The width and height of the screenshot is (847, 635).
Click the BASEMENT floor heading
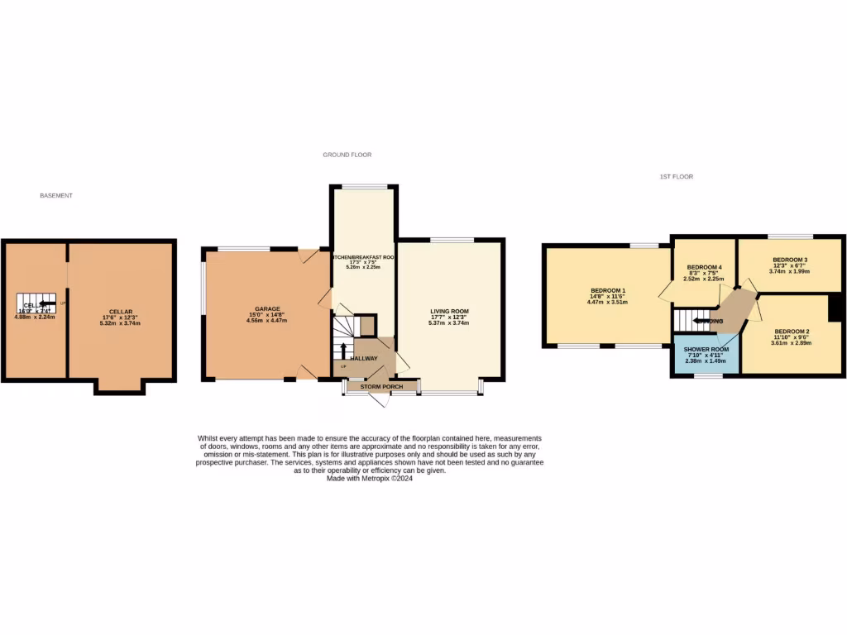click(56, 196)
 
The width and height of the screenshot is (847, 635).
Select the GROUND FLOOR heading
click(347, 155)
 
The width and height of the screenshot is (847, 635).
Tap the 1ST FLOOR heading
click(676, 177)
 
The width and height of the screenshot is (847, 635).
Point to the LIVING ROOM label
click(449, 311)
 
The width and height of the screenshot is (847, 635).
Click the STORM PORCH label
click(381, 386)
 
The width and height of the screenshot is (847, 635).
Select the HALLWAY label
click(363, 358)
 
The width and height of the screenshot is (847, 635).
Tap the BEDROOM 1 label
click(608, 290)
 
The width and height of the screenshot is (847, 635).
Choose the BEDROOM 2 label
click(790, 331)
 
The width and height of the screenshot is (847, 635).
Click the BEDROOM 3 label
click(788, 260)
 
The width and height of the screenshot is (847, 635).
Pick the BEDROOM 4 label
click(705, 267)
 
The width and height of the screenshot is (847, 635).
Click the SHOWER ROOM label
click(704, 349)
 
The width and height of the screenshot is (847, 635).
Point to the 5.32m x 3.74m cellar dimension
click(120, 323)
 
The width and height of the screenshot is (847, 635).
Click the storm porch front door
click(378, 400)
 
